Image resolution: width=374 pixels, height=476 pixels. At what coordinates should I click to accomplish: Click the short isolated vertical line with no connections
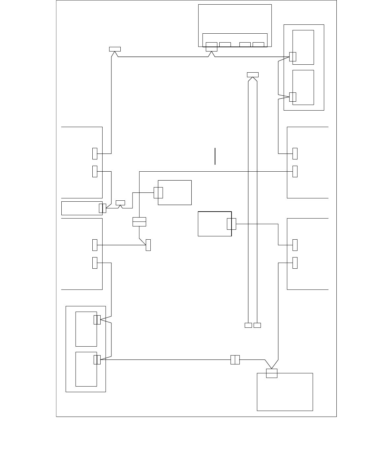pyautogui.click(x=215, y=156)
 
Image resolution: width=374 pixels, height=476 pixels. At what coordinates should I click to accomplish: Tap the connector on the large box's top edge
pyautogui.click(x=272, y=373)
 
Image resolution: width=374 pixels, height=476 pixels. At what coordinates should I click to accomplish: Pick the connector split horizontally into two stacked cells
pyautogui.click(x=139, y=222)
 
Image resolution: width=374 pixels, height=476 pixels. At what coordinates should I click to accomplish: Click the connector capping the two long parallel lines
pyautogui.click(x=253, y=75)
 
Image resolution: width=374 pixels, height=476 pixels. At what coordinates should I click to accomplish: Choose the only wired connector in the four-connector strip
pyautogui.click(x=211, y=47)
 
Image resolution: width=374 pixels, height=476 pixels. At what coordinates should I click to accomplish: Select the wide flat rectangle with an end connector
pyautogui.click(x=81, y=208)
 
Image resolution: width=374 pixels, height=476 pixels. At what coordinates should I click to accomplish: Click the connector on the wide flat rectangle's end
pyautogui.click(x=103, y=208)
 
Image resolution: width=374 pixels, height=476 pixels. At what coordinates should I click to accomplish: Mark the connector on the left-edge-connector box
pyautogui.click(x=158, y=192)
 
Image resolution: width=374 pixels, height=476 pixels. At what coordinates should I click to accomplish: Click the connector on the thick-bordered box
pyautogui.click(x=232, y=224)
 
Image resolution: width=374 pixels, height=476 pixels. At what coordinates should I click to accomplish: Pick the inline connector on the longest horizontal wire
pyautogui.click(x=235, y=359)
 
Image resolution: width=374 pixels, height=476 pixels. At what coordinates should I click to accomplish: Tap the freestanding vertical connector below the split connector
pyautogui.click(x=148, y=245)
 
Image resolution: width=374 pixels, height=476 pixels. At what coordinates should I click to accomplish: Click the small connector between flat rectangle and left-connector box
pyautogui.click(x=121, y=202)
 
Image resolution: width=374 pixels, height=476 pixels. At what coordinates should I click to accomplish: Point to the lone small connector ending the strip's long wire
pyautogui.click(x=115, y=49)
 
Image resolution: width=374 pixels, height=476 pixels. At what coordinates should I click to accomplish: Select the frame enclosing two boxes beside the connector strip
pyautogui.click(x=304, y=67)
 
